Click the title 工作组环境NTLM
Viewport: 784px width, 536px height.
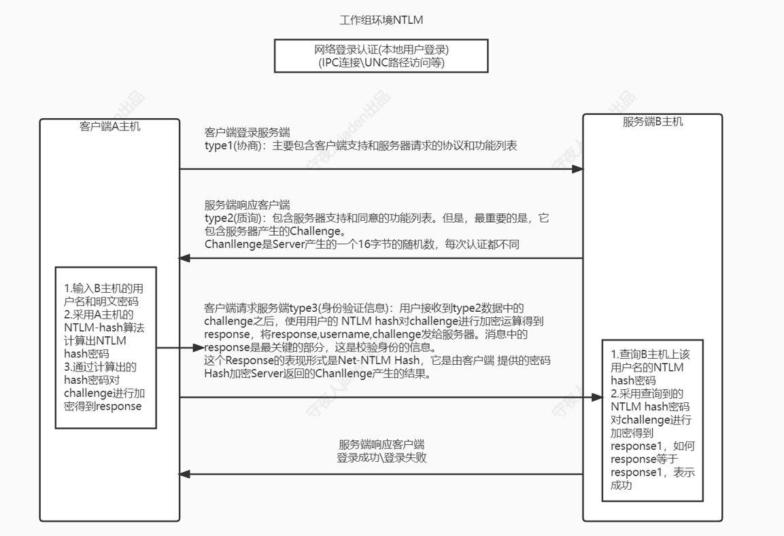tap(386, 20)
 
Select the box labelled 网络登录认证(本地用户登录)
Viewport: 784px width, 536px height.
tap(381, 56)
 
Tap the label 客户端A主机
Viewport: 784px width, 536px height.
tap(110, 126)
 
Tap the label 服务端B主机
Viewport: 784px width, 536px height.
tap(653, 122)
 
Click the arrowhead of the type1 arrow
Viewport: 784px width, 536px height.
tap(577, 168)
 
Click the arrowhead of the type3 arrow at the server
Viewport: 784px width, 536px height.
tap(596, 397)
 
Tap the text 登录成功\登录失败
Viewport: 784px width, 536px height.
tap(381, 458)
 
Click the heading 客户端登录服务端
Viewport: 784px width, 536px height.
tap(248, 132)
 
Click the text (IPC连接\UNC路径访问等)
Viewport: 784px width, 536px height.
tap(381, 63)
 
